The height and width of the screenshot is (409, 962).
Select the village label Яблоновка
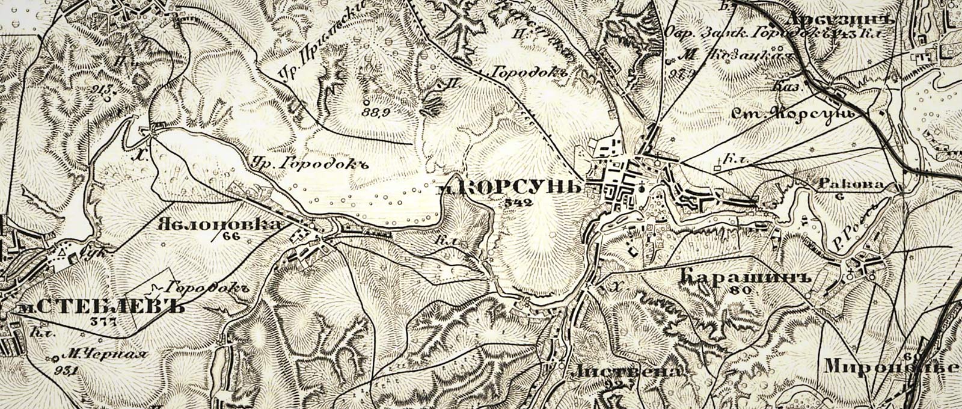point(219,224)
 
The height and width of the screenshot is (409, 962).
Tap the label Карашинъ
point(748,277)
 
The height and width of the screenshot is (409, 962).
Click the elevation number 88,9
point(375,112)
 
